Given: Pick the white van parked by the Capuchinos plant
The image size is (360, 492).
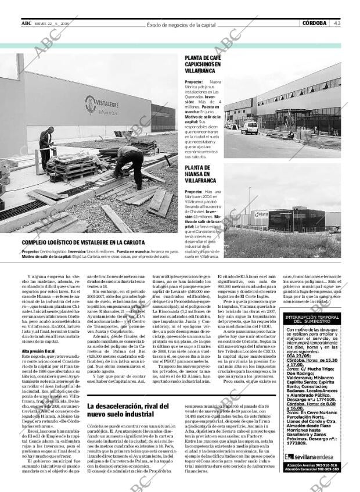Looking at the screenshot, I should (250, 128).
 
